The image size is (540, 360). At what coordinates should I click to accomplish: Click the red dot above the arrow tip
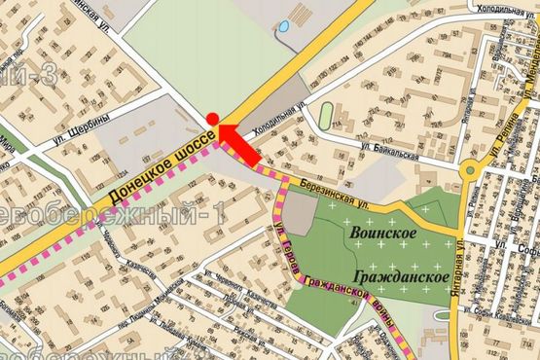(211, 119)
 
